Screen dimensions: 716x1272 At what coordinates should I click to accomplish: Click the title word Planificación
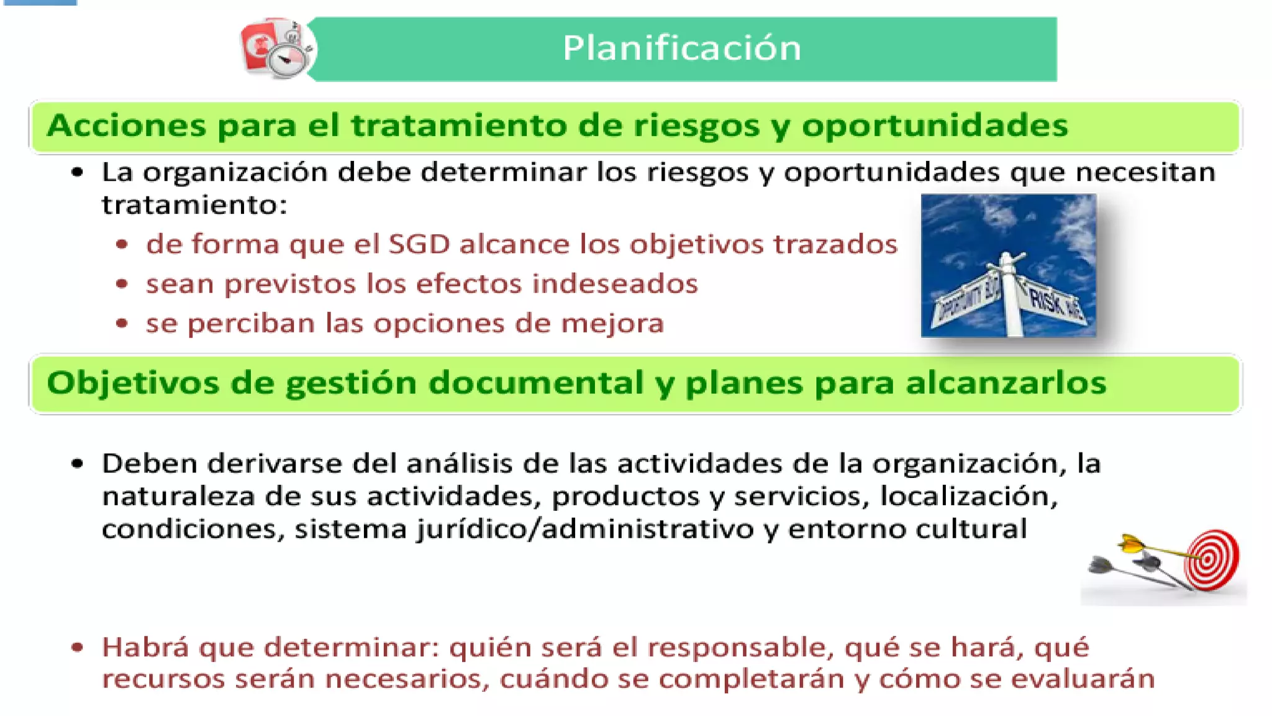(x=681, y=48)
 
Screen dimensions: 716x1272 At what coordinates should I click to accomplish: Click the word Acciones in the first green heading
(x=125, y=126)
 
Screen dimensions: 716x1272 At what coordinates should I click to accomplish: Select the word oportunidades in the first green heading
(x=935, y=126)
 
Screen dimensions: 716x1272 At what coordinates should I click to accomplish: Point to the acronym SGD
(x=419, y=244)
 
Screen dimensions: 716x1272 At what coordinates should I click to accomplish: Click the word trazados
(x=835, y=244)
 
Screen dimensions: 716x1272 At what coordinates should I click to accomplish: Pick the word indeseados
(x=615, y=284)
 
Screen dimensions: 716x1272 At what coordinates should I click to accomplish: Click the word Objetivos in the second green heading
(x=133, y=383)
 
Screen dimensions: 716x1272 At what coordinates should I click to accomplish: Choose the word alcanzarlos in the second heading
(x=1006, y=383)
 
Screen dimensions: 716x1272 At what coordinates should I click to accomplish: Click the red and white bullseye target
(x=1212, y=559)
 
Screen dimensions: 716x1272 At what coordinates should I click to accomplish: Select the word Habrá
(x=145, y=648)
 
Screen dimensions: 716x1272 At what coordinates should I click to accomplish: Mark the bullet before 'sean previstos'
(x=122, y=284)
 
